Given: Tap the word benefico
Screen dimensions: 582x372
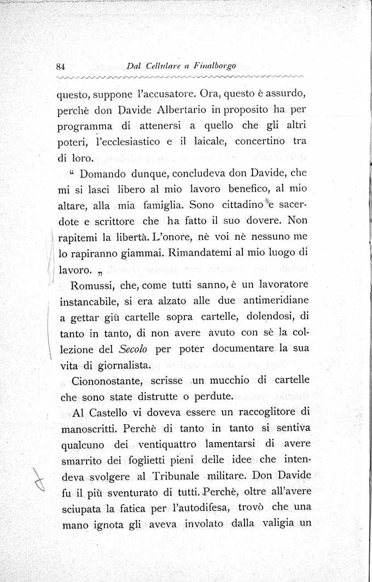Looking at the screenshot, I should coord(254,190).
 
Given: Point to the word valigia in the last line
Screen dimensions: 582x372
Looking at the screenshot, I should coord(271,523).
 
